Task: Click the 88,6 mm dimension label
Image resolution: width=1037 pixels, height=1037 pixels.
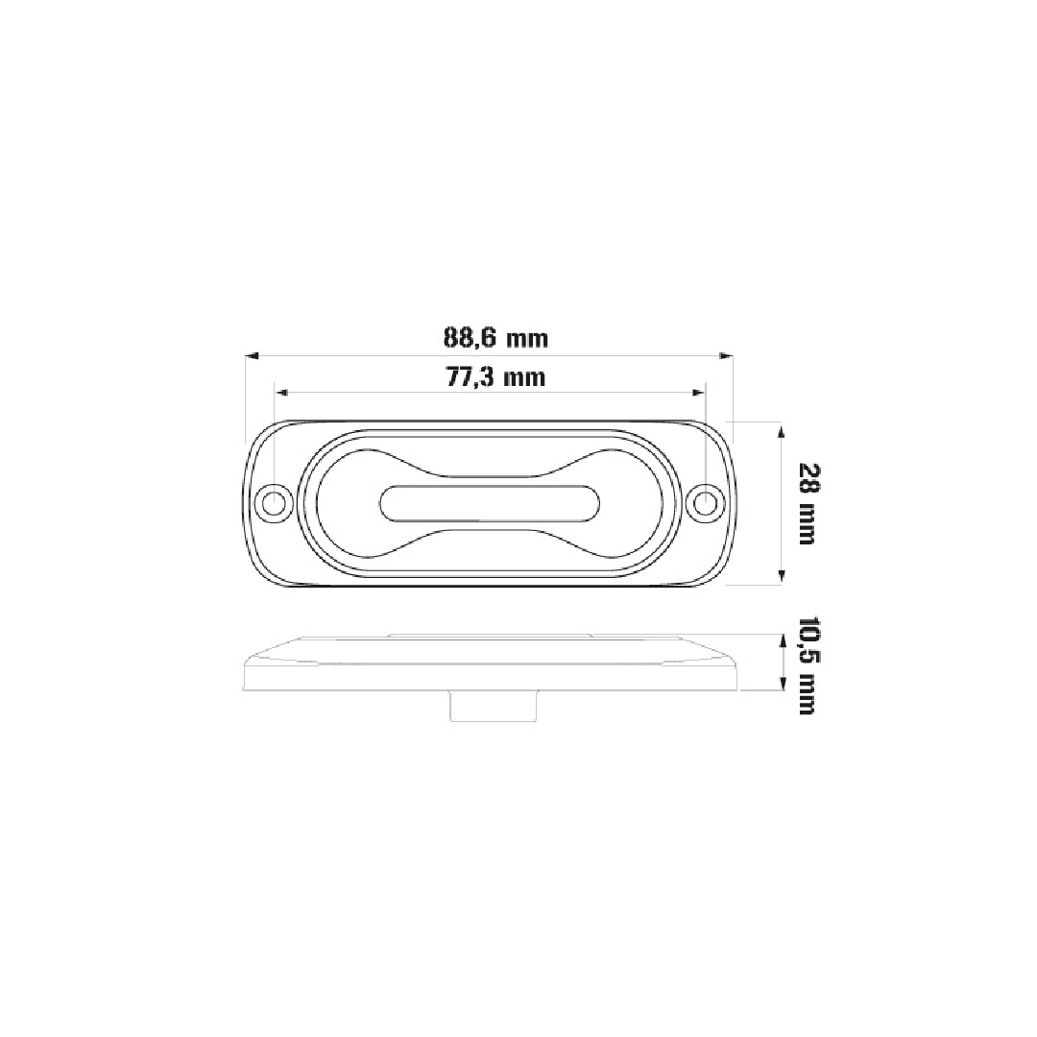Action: tap(495, 339)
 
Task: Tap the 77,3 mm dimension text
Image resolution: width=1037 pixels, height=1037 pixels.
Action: tap(496, 377)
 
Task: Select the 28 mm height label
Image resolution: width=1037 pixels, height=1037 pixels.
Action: tap(807, 503)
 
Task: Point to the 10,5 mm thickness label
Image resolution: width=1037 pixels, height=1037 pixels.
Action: tap(807, 665)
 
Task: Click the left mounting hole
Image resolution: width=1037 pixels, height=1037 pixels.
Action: tap(273, 503)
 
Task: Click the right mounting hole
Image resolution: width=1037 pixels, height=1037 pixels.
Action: tap(706, 503)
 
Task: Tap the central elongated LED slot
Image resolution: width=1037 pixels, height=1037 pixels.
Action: tap(490, 503)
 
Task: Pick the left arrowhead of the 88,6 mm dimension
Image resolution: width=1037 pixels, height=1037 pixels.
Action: tap(252, 356)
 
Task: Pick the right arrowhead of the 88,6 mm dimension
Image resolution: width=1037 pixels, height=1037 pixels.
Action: tap(727, 356)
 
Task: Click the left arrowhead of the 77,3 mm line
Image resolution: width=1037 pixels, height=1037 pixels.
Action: tap(281, 393)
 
